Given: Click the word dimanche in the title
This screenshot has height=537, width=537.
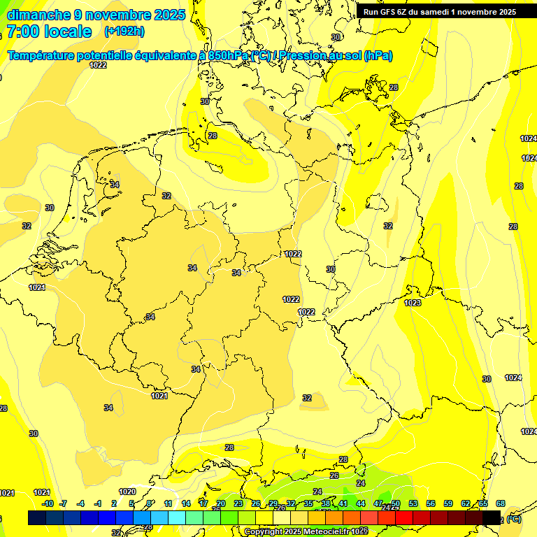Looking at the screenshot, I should click(38, 15).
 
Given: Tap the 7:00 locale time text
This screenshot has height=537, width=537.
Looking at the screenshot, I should click(49, 31).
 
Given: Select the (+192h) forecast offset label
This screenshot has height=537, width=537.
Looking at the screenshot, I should click(124, 31).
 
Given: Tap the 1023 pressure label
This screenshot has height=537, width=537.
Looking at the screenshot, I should click(413, 303).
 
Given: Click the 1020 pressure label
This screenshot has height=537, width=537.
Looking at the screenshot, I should click(127, 492).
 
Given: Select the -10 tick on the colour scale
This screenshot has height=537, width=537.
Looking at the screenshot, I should click(48, 503).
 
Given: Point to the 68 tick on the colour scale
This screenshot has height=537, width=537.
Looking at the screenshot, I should click(501, 503).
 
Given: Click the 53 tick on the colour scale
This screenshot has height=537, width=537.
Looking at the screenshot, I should click(413, 503).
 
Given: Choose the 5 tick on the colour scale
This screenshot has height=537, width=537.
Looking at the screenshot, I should click(131, 503).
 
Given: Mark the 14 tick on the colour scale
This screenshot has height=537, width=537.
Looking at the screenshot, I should click(186, 503).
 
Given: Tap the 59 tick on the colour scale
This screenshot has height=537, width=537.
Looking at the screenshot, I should click(448, 503).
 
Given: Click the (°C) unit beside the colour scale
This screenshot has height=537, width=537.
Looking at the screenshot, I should click(514, 520).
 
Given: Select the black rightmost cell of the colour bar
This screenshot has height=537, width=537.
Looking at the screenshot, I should click(492, 517).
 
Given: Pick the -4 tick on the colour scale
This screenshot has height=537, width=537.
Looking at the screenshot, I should click(80, 503).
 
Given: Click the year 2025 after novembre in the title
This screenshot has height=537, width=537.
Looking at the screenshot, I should click(170, 15).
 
